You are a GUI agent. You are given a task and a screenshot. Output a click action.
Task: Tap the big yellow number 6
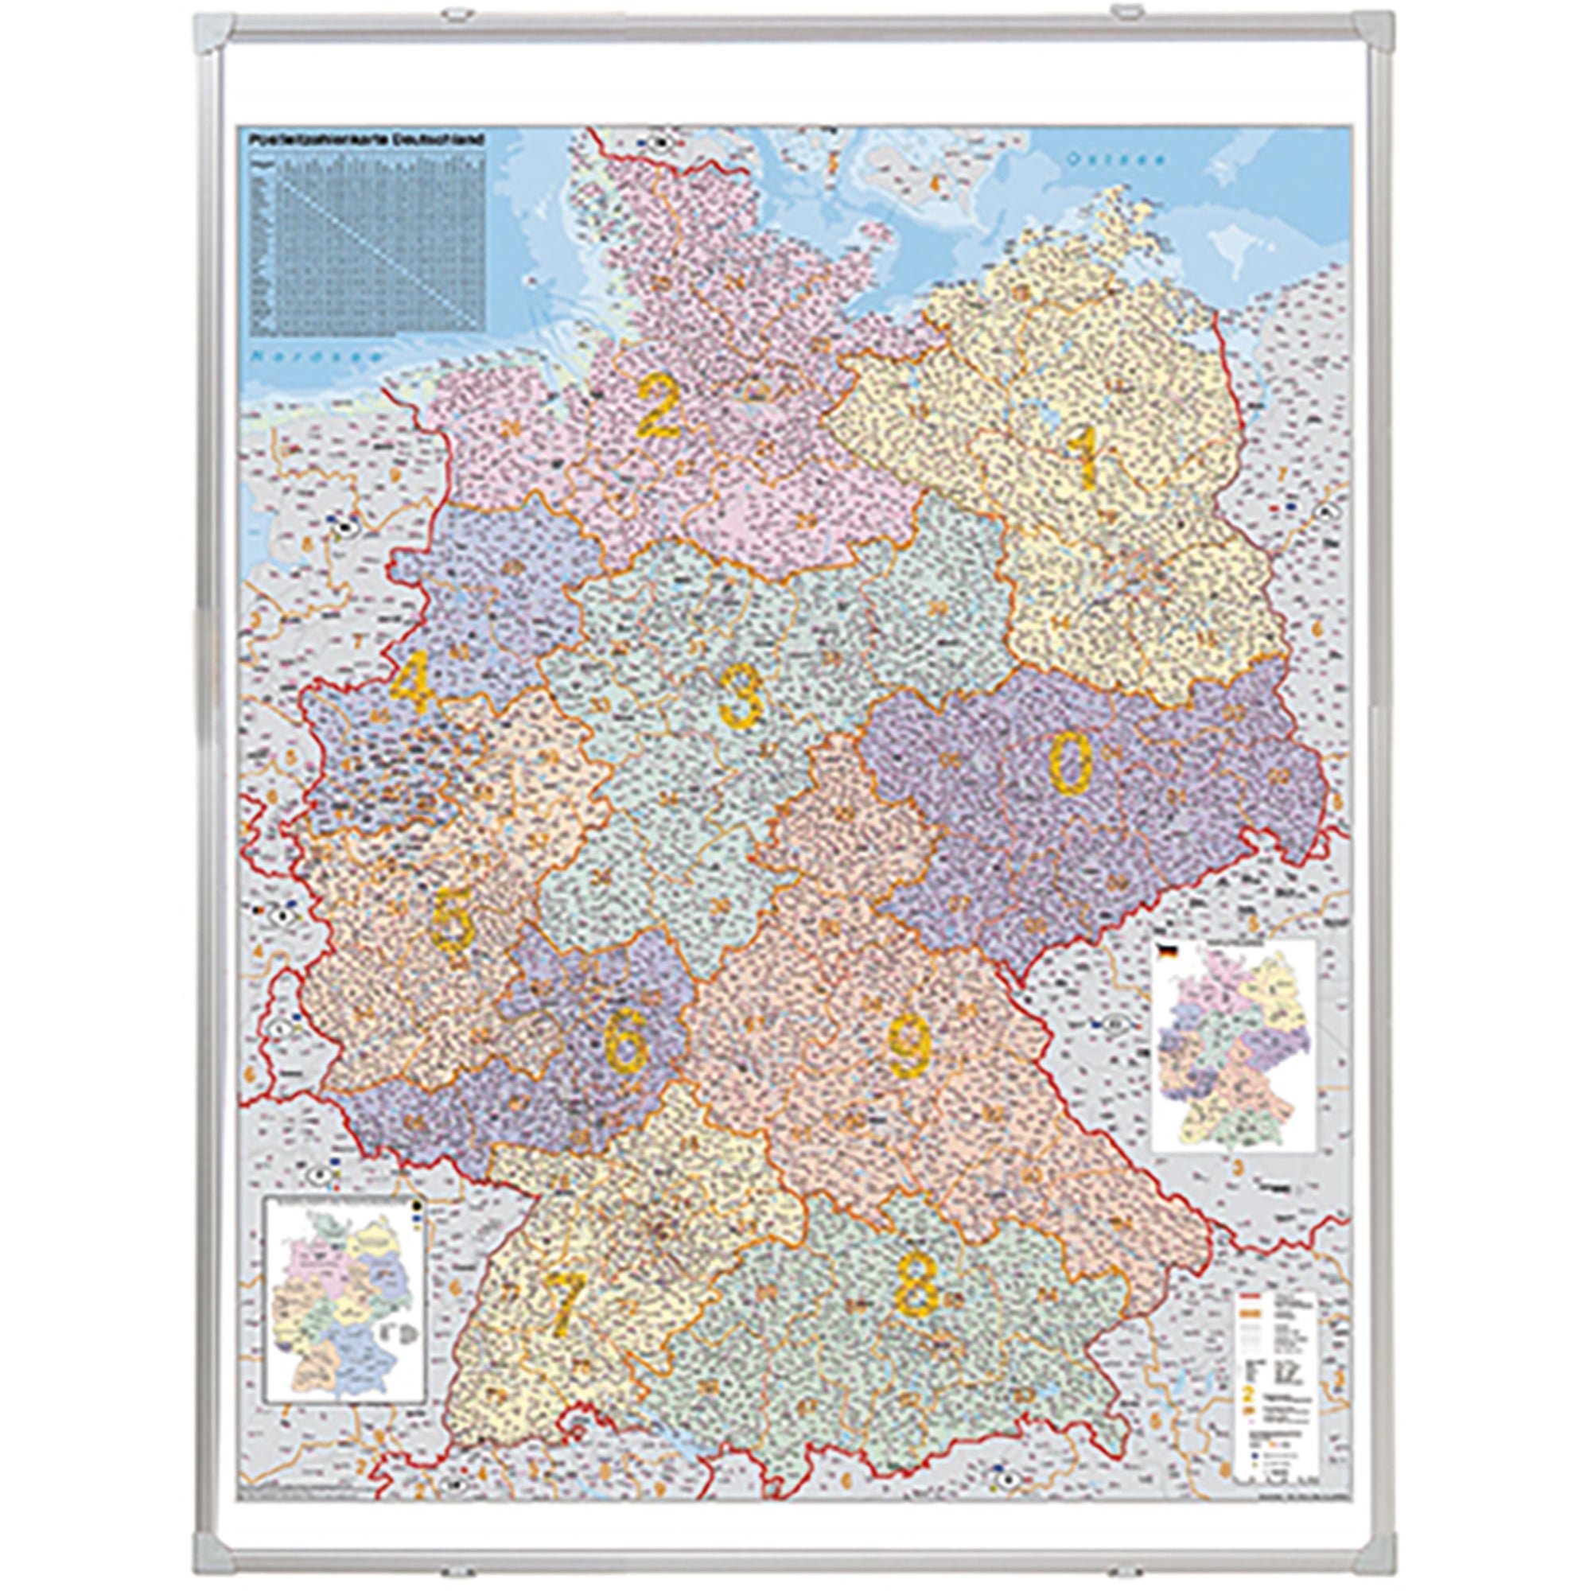[x=626, y=1044]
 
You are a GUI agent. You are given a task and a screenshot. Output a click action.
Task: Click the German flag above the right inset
[x=1165, y=951]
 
